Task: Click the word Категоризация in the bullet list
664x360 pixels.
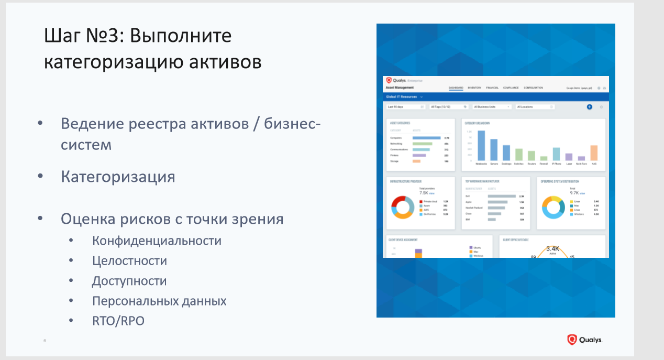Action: coord(118,177)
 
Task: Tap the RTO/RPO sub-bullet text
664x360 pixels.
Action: coord(118,320)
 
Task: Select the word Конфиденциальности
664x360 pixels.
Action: coord(157,241)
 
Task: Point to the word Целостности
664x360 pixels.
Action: coord(129,261)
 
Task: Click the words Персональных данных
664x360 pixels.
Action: coord(159,301)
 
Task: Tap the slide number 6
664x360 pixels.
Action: coord(45,341)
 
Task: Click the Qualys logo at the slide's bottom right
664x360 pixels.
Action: coord(584,340)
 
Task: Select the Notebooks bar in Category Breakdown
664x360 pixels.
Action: coord(481,146)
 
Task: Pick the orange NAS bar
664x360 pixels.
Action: coord(594,153)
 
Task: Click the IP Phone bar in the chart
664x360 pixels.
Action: coord(556,154)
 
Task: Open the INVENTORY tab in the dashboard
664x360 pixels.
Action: coord(474,88)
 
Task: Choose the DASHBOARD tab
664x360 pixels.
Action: coord(456,88)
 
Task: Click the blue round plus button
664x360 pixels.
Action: coord(589,107)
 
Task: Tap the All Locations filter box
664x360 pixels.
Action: coord(535,107)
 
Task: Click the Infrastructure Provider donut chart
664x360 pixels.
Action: coord(403,208)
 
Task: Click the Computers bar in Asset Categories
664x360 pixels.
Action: coord(426,138)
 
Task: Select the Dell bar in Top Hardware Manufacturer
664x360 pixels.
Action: coord(501,196)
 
